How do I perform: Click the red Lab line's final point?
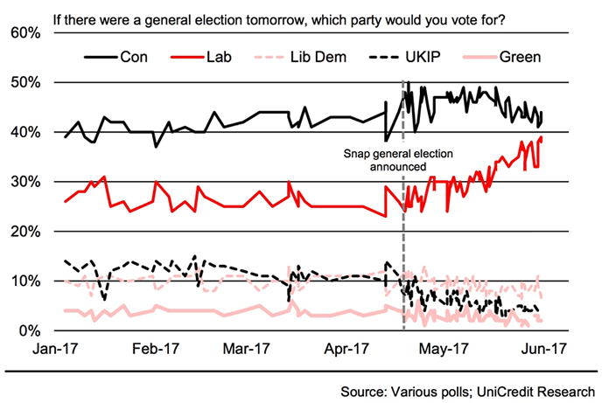[542, 138]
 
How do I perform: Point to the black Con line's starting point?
[65, 136]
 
